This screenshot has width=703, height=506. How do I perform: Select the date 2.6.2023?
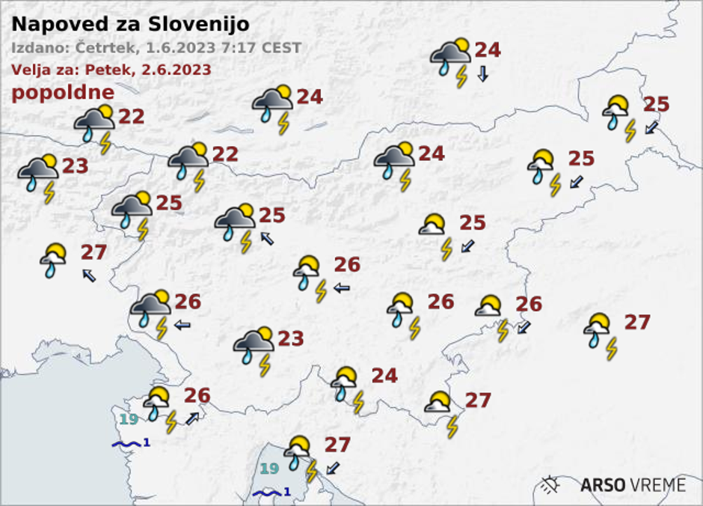[174, 70]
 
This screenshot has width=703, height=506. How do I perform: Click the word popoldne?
[63, 93]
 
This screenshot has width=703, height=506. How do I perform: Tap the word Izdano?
[37, 49]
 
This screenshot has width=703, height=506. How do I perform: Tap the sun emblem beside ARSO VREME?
[550, 484]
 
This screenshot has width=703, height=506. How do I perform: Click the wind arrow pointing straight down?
[482, 73]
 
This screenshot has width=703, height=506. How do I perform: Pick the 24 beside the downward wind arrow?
[487, 50]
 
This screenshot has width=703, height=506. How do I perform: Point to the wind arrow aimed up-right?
[193, 418]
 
